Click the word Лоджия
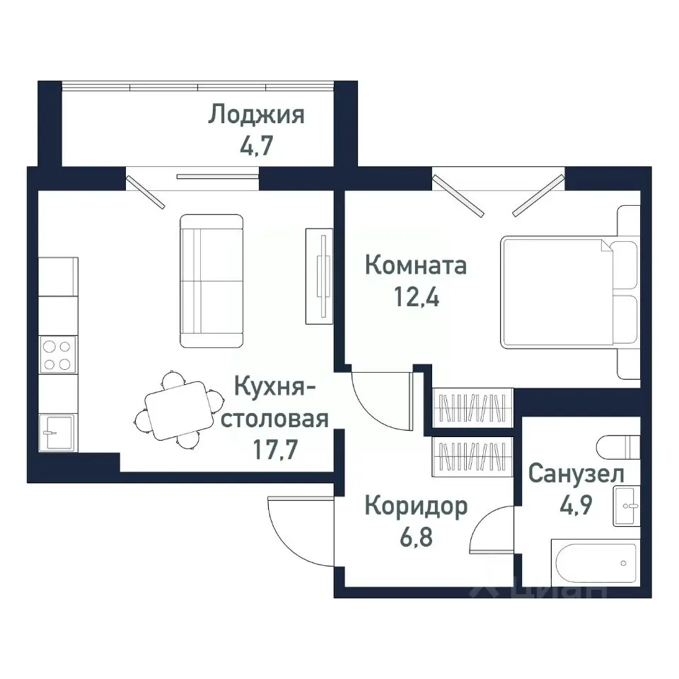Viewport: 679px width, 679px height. point(256,115)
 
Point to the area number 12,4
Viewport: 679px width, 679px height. point(415,297)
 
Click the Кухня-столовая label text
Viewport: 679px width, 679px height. point(281,403)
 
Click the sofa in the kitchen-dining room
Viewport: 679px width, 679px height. point(211,282)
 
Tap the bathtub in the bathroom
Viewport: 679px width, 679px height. point(594,564)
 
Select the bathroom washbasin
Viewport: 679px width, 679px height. point(627,505)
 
